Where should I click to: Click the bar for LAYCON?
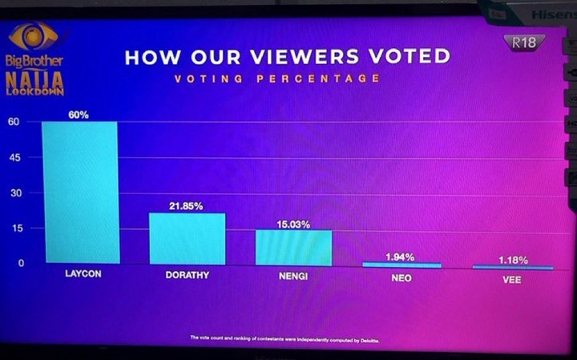pos(80,192)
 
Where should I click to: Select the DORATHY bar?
pos(187,239)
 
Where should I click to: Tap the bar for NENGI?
pos(293,247)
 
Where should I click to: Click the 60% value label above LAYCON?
pos(78,115)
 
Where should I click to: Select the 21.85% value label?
pos(186,206)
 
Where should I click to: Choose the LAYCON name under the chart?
pos(82,275)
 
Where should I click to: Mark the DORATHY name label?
pos(188,276)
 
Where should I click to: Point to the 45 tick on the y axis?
pos(14,158)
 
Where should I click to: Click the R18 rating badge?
pos(524,42)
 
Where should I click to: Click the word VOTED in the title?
pos(406,57)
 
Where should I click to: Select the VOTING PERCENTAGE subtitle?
pos(276,79)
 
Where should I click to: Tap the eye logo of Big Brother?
pos(33,36)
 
